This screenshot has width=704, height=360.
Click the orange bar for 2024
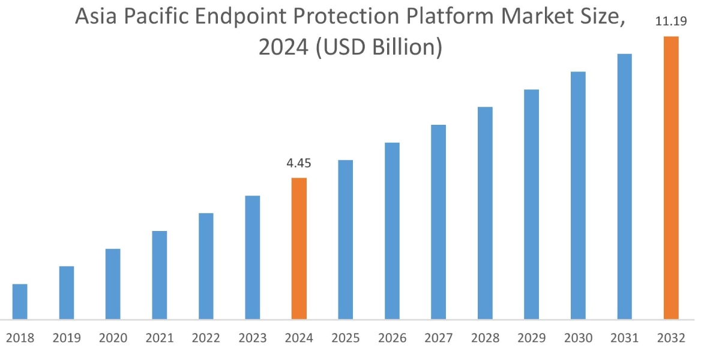tap(299, 248)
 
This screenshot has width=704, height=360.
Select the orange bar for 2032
tap(671, 178)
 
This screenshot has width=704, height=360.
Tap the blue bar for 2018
tap(20, 301)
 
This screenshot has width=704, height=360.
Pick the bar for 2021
tap(160, 275)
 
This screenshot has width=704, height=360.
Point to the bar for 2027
tap(439, 222)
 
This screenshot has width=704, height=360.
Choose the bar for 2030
tap(578, 195)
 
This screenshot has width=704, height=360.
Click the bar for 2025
tap(346, 239)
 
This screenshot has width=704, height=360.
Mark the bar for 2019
tap(67, 292)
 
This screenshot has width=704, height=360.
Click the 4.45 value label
tap(299, 163)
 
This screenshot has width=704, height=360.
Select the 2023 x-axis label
tap(253, 338)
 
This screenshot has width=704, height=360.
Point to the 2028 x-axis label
tap(485, 338)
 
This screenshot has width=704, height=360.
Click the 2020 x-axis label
tap(113, 338)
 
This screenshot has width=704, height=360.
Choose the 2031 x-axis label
tap(624, 338)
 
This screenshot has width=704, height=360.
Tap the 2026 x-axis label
tap(392, 338)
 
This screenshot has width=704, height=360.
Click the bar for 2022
tap(206, 266)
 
